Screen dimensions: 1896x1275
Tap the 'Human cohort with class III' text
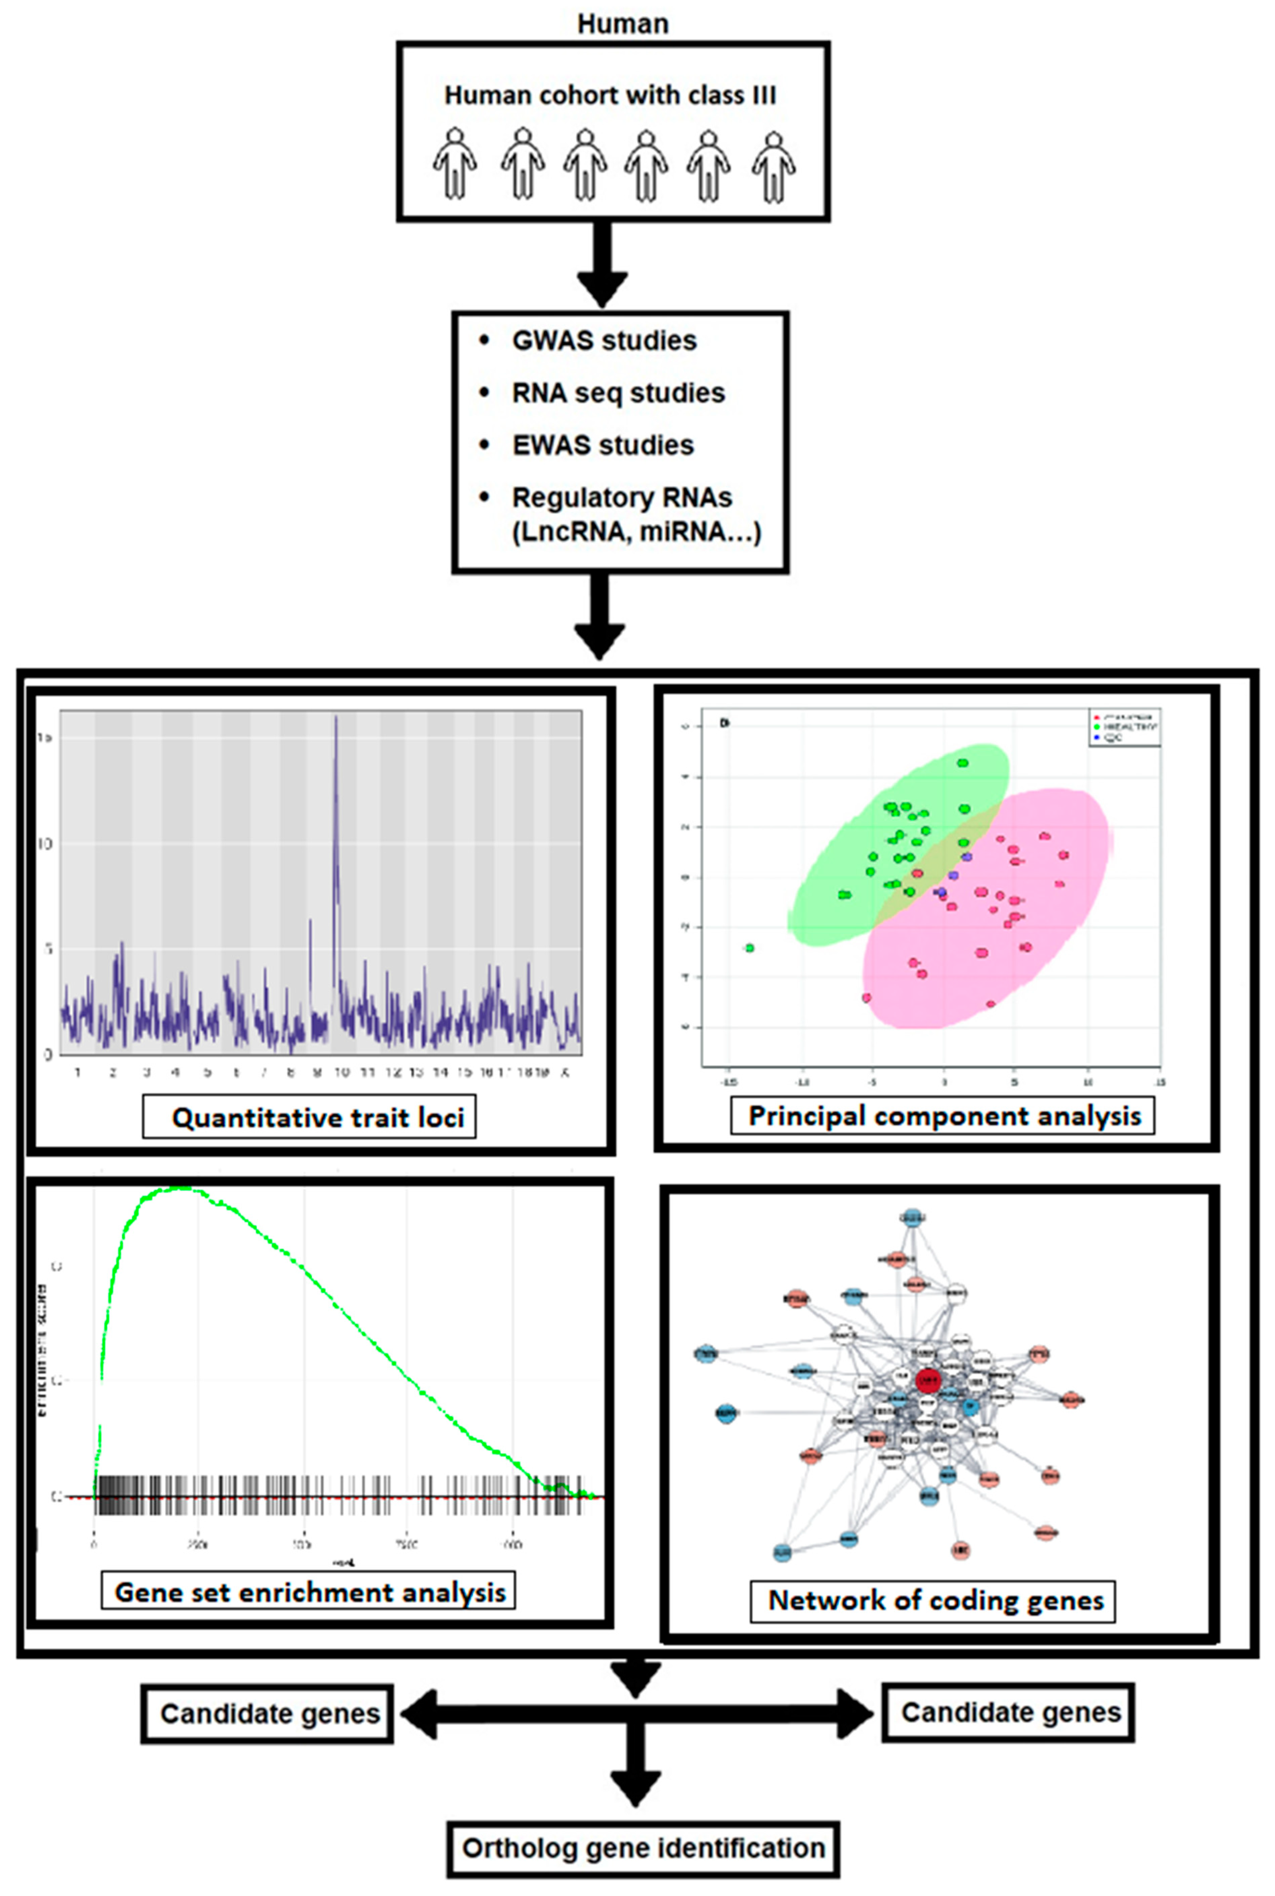(610, 96)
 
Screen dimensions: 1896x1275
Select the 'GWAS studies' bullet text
(604, 341)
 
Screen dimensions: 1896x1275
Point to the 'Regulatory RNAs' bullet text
(622, 498)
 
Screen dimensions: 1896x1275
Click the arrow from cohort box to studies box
(602, 264)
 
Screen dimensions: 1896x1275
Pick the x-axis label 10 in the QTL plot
(341, 1072)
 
